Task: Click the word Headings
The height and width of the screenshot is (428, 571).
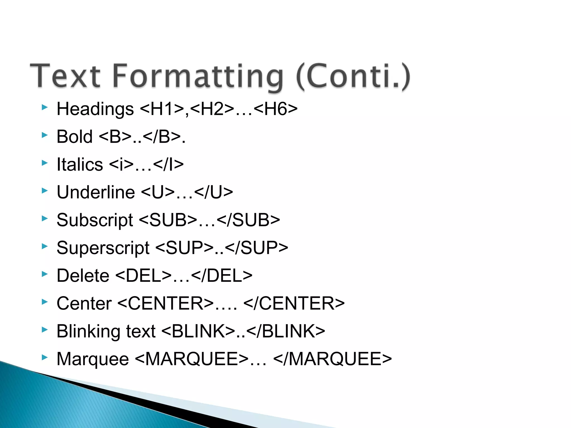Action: tap(95, 109)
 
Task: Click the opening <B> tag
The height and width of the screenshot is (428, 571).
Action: tap(115, 137)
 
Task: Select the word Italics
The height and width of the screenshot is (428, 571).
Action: tap(80, 164)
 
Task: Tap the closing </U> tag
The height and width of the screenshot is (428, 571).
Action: tap(213, 192)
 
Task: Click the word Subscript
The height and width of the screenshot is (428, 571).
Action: tap(95, 220)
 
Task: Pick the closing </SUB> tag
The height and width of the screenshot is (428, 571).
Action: tap(248, 220)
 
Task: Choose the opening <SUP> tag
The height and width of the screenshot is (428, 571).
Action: tap(184, 248)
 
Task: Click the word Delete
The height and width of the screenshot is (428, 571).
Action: tap(83, 276)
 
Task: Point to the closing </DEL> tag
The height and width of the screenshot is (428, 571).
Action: tap(222, 276)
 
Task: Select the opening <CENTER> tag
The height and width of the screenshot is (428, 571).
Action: tap(166, 303)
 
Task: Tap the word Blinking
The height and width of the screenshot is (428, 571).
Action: tap(88, 331)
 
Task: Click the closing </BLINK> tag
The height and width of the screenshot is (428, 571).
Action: tap(286, 331)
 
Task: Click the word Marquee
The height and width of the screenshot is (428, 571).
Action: tap(93, 359)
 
